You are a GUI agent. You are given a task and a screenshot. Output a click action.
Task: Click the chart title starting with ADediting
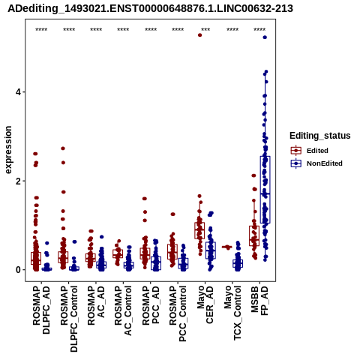[150, 9]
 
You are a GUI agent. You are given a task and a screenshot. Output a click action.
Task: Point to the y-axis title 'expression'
[8, 150]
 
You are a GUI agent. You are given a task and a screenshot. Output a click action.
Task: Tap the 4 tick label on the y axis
[17, 92]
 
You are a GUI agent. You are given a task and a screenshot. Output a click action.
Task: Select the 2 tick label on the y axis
[17, 181]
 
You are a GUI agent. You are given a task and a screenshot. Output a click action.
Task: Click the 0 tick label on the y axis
[17, 270]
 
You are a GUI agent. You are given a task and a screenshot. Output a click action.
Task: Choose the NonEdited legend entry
[316, 163]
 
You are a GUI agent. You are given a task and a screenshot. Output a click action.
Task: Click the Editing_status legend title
[320, 136]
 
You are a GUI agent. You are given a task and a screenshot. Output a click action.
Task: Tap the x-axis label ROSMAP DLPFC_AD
[41, 310]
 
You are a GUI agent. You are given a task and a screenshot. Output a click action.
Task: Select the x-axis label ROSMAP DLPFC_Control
[69, 319]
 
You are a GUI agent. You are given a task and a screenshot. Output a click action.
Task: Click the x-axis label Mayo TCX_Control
[232, 313]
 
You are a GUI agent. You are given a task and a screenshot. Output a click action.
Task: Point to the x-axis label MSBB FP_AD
[259, 301]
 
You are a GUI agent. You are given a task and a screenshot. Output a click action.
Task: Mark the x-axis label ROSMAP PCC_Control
[178, 313]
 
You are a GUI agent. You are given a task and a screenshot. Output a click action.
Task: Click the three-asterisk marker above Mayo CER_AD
[205, 30]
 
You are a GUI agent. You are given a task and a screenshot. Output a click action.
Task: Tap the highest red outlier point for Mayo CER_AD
[199, 35]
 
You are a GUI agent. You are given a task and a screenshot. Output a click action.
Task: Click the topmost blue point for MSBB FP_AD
[265, 37]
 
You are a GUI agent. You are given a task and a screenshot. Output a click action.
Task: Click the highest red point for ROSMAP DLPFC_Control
[63, 148]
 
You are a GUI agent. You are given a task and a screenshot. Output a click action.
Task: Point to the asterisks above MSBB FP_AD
[259, 30]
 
